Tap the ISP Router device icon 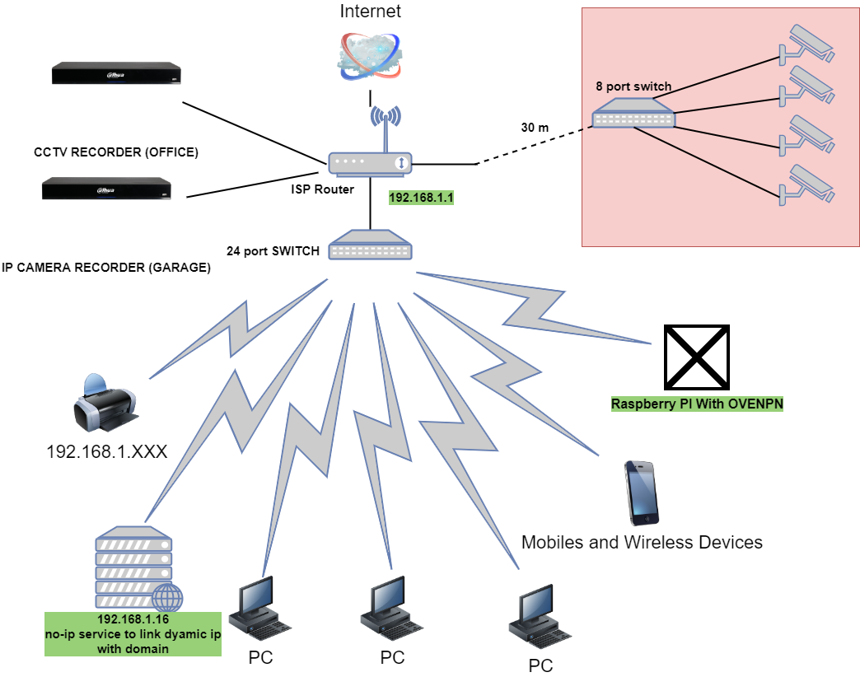coord(370,163)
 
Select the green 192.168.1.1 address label coord(421,198)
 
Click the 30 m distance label coord(535,128)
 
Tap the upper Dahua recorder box coord(116,73)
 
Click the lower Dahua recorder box coord(108,189)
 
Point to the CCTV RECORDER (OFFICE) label coord(116,152)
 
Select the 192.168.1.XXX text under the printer coord(107,451)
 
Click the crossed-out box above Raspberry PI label coord(697,357)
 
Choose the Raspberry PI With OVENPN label coord(697,404)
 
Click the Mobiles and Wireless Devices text coord(642,542)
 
